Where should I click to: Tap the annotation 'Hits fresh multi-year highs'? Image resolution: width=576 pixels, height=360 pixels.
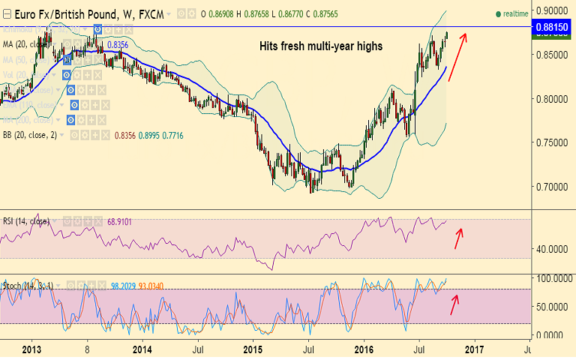[321, 46]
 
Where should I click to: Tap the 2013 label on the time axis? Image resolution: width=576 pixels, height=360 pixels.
[31, 349]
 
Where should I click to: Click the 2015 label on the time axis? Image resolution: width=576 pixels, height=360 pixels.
[253, 349]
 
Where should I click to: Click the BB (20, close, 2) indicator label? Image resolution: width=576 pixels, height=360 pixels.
[30, 135]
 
